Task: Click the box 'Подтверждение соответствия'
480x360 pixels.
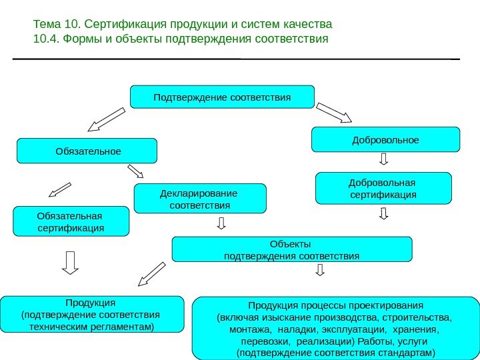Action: (x=222, y=97)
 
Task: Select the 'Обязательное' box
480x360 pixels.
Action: (x=87, y=151)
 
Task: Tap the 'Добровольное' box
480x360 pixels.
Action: (x=386, y=139)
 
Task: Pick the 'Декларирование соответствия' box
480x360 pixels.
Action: (x=200, y=199)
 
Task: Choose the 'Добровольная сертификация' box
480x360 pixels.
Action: (x=383, y=188)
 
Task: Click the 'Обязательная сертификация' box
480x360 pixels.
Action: (x=71, y=221)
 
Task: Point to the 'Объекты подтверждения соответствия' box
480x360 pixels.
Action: (x=292, y=249)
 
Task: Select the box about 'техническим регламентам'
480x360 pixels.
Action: (x=92, y=314)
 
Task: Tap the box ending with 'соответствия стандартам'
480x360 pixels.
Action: (x=335, y=329)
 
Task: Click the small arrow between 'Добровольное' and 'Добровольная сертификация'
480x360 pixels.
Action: (x=385, y=159)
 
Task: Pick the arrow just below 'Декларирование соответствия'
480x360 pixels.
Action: (x=221, y=223)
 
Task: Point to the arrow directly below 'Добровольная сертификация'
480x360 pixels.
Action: (x=383, y=213)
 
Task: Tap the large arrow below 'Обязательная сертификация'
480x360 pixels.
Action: (x=70, y=262)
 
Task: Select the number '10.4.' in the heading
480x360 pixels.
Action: (x=45, y=39)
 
